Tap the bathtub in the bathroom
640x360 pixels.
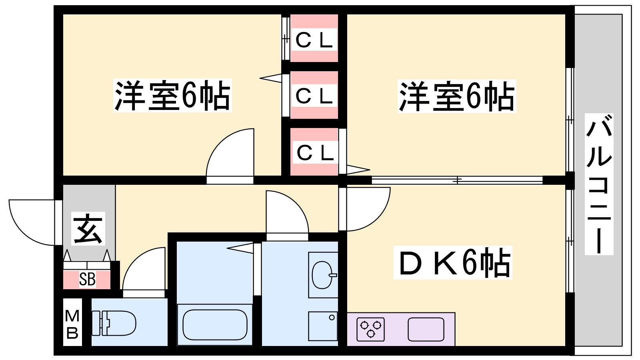click(x=215, y=325)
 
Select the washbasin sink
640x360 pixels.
click(x=322, y=275)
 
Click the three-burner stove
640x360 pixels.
click(x=371, y=329)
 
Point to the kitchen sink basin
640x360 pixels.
click(x=426, y=329)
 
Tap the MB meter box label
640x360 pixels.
click(x=72, y=324)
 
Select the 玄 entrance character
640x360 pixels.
click(x=88, y=228)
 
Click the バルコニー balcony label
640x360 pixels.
click(x=599, y=184)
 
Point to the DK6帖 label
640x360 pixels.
click(x=453, y=263)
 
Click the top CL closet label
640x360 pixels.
click(x=314, y=40)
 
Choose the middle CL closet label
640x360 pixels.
click(x=314, y=96)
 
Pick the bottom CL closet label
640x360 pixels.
click(x=315, y=152)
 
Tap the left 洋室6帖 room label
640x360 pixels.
click(x=172, y=96)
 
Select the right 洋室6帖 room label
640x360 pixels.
click(x=457, y=96)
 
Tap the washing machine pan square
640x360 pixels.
click(x=323, y=326)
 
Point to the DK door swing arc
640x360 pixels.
click(x=366, y=208)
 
